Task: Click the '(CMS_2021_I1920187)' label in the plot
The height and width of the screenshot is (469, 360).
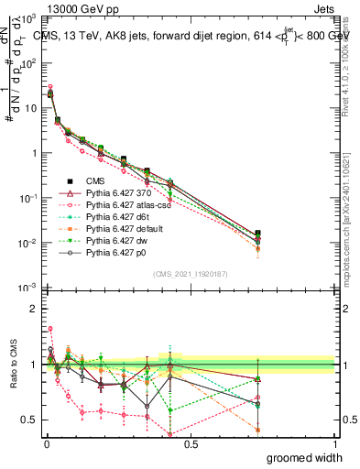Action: (191, 272)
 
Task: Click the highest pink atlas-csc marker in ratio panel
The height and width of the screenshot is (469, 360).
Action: (50, 328)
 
